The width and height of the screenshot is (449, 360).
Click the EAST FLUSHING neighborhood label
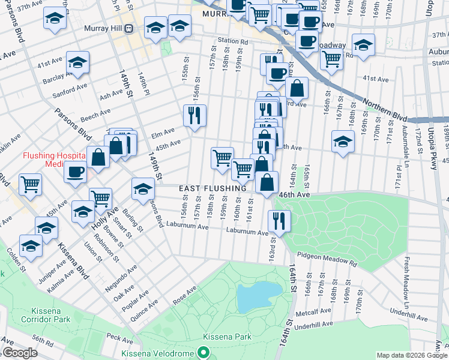[x=213, y=188]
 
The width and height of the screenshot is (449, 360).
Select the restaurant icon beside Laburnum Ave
[x=279, y=220]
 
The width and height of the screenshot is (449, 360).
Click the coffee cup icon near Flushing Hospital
[x=75, y=171]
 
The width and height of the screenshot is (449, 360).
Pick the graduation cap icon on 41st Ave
[x=77, y=62]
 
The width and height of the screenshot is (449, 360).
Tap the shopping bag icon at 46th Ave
[x=267, y=182]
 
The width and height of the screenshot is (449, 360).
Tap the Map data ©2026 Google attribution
[x=411, y=355]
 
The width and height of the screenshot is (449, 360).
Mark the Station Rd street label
[x=233, y=41]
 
